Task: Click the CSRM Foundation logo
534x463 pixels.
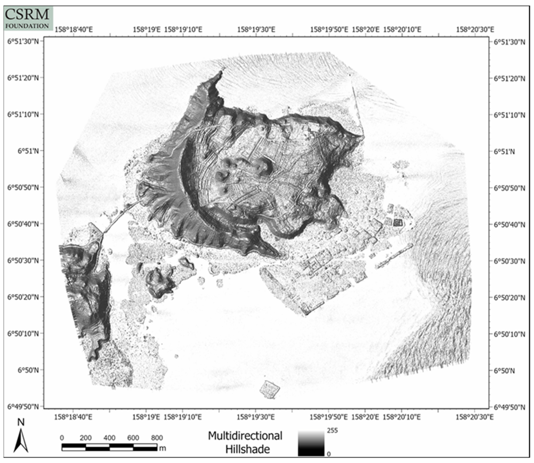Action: (28, 18)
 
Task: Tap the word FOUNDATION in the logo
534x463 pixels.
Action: (27, 26)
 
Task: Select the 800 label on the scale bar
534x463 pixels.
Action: (157, 438)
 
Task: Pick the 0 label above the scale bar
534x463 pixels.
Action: (62, 438)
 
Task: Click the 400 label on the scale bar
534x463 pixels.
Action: (109, 438)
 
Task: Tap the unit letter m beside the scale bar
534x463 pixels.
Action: (162, 448)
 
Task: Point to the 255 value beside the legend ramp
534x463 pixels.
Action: (332, 430)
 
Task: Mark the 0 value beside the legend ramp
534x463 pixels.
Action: (329, 454)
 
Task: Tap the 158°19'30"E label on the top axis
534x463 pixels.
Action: (256, 30)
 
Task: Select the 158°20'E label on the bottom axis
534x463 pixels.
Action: (365, 417)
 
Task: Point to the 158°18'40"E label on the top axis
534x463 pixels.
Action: (73, 30)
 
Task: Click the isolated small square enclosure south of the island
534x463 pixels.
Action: (269, 389)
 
